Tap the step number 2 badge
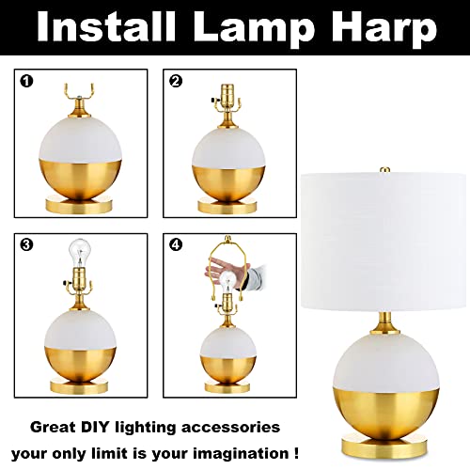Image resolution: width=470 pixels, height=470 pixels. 175,81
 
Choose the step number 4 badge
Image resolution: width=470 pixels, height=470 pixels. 175,245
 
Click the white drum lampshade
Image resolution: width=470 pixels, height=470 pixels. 384,241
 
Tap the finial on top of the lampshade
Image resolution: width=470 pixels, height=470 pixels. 384,170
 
